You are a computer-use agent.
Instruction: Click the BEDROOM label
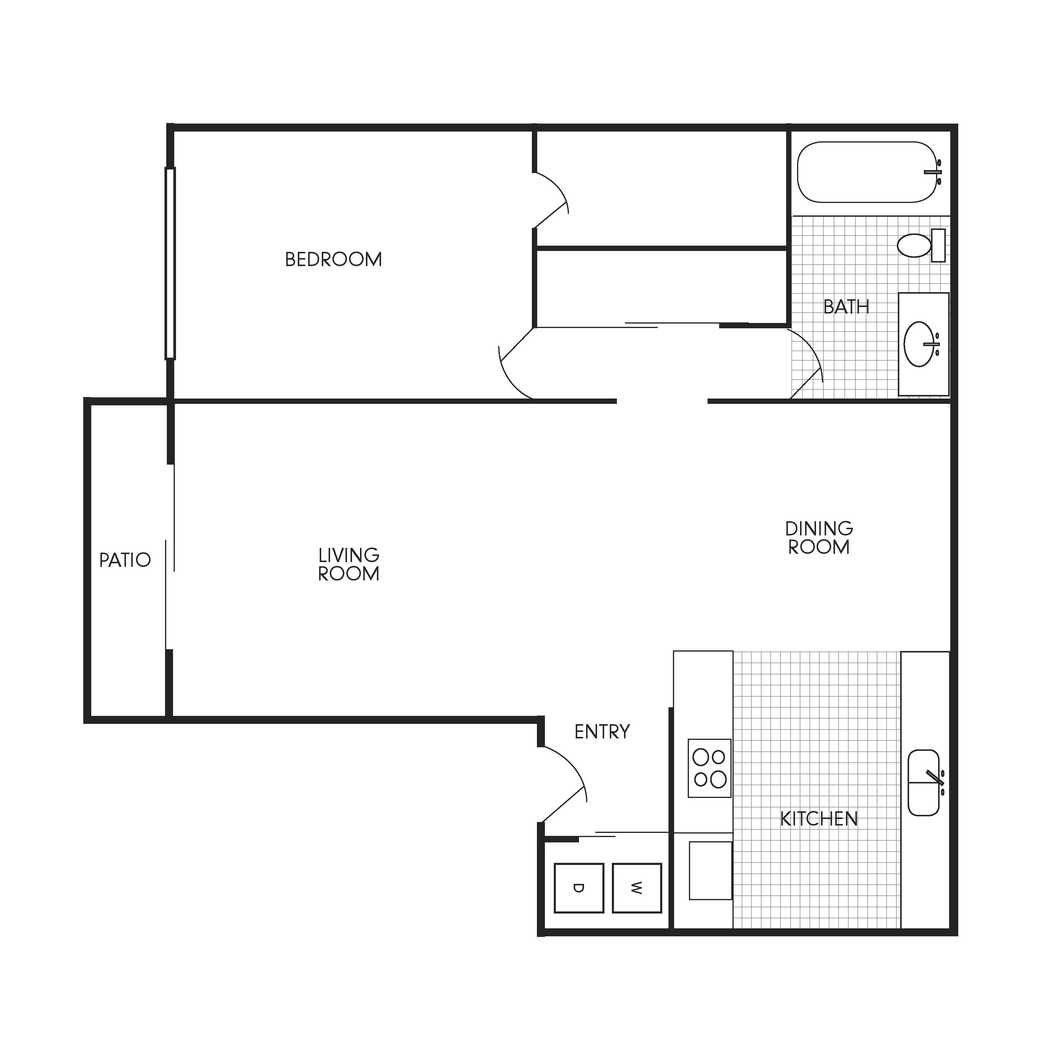(333, 260)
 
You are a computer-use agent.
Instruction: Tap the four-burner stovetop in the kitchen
(709, 768)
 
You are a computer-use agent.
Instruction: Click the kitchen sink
(924, 783)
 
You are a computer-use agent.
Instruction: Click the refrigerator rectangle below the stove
(711, 871)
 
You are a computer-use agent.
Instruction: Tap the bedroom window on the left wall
(170, 263)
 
